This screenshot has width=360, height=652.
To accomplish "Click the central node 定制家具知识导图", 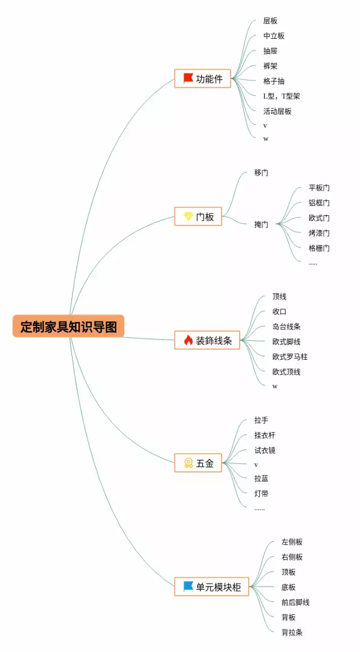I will (68, 327).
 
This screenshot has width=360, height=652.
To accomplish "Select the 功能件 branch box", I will (202, 79).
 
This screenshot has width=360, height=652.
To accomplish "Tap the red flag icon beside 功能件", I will (188, 78).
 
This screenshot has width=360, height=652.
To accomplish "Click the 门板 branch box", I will (198, 216).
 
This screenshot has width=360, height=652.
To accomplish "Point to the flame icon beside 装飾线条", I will (188, 340).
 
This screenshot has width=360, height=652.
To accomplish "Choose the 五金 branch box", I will (198, 464).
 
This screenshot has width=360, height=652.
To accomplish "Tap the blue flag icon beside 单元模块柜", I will (188, 586).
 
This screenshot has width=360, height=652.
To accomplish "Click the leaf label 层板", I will (270, 21).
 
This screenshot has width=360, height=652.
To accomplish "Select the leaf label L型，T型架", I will (281, 96).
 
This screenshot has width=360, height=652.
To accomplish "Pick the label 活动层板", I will (277, 111).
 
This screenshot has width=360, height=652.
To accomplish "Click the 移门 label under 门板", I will (261, 173).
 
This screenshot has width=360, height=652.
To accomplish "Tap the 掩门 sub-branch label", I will (261, 224).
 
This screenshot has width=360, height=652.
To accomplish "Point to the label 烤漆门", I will (319, 233).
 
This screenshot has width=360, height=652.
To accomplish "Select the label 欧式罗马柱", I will (290, 356).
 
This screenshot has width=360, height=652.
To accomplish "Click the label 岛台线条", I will (286, 327).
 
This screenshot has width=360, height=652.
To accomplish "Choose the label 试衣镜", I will (264, 450).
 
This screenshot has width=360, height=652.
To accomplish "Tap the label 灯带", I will (261, 493).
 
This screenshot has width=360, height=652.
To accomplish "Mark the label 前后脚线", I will (295, 602).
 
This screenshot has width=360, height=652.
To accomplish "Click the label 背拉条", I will (292, 632).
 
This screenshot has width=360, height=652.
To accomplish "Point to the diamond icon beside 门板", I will (188, 216).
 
